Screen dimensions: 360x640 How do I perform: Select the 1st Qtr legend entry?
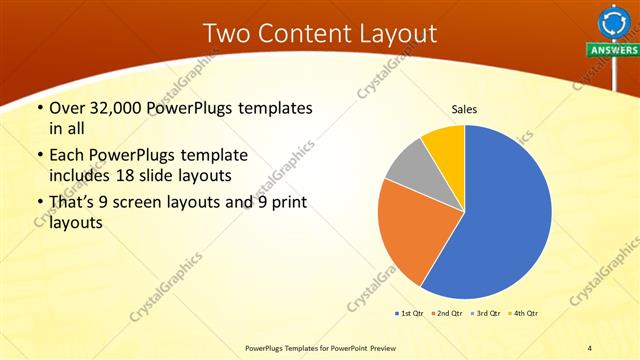pyautogui.click(x=409, y=313)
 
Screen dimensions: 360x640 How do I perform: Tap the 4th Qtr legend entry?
pyautogui.click(x=526, y=313)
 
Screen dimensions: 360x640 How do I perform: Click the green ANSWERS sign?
pyautogui.click(x=613, y=50)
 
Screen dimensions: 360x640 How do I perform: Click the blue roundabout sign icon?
pyautogui.click(x=611, y=21)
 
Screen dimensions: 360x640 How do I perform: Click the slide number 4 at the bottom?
pyautogui.click(x=590, y=347)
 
